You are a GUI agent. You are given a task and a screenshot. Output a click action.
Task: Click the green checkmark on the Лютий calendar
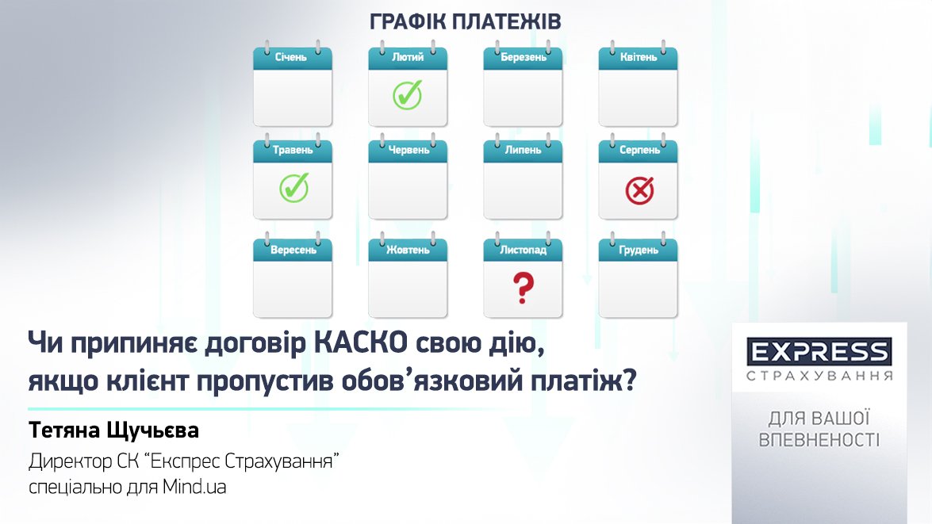tap(408, 94)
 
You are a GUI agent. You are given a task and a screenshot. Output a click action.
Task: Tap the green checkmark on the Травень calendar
tap(294, 187)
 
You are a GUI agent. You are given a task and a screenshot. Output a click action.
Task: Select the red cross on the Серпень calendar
tap(639, 191)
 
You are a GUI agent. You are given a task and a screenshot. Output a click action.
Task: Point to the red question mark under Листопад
tap(523, 288)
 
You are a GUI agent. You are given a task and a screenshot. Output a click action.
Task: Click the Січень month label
tap(290, 57)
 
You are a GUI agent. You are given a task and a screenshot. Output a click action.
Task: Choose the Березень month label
tap(523, 57)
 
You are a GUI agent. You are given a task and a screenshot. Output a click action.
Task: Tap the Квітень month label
tap(639, 57)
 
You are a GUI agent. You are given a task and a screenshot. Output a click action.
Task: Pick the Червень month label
tap(408, 150)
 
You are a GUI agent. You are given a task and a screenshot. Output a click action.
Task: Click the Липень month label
tap(523, 150)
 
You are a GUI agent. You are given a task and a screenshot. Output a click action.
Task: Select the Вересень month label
tap(293, 250)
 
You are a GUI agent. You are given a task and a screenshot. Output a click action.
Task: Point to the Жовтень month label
tap(408, 250)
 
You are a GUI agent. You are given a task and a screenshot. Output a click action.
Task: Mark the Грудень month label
tap(639, 250)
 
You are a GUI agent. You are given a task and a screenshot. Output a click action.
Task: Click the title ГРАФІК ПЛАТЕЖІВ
tap(466, 22)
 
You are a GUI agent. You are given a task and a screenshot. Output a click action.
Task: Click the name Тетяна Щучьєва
tap(113, 430)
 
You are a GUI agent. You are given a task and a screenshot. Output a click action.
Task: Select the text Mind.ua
tap(194, 488)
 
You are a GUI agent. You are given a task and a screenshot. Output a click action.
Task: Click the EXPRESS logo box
tap(819, 352)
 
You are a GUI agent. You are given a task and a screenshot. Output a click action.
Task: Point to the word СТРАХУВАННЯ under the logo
tap(819, 376)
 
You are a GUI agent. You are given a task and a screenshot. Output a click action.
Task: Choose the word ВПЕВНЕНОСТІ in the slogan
tap(819, 440)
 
